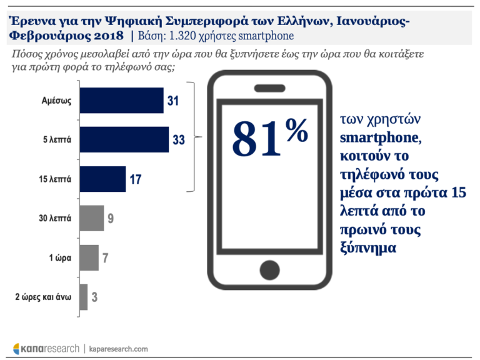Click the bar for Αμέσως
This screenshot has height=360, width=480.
click(x=121, y=101)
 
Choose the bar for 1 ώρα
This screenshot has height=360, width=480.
click(x=89, y=257)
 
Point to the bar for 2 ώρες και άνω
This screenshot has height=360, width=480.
click(x=83, y=297)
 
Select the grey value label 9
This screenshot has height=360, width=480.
click(x=111, y=219)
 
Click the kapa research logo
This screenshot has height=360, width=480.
click(x=46, y=348)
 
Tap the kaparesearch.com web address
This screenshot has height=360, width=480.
click(x=119, y=348)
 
